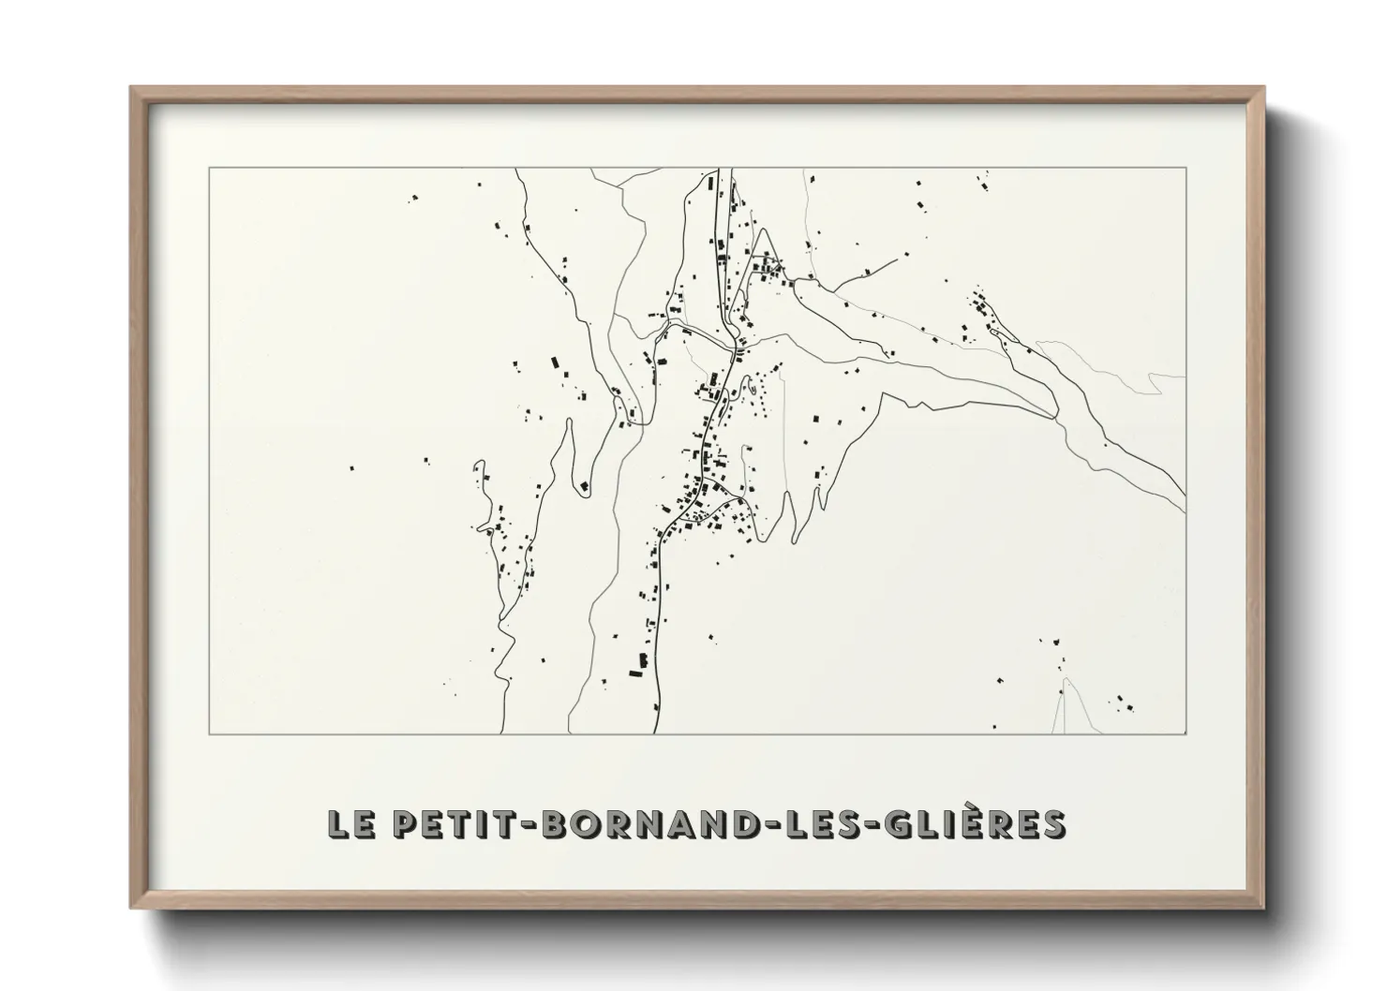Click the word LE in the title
pos(350,824)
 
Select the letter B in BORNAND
pos(556,824)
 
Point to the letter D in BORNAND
pos(731,824)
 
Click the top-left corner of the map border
pos(209,169)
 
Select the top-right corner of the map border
pos(1186,169)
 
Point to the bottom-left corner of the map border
pos(209,733)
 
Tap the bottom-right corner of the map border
pos(1186,733)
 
